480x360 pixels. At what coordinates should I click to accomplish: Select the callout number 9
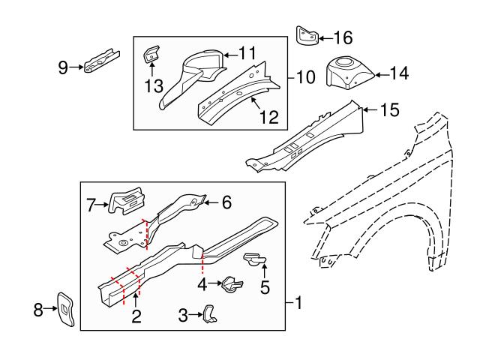63,68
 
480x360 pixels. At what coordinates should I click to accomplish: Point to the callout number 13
154,86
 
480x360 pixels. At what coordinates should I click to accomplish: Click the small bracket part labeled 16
306,36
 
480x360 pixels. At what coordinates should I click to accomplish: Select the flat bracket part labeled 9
99,60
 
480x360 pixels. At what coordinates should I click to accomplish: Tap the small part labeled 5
253,259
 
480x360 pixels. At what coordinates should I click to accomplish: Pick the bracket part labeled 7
127,201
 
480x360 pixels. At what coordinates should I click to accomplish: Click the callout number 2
136,316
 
